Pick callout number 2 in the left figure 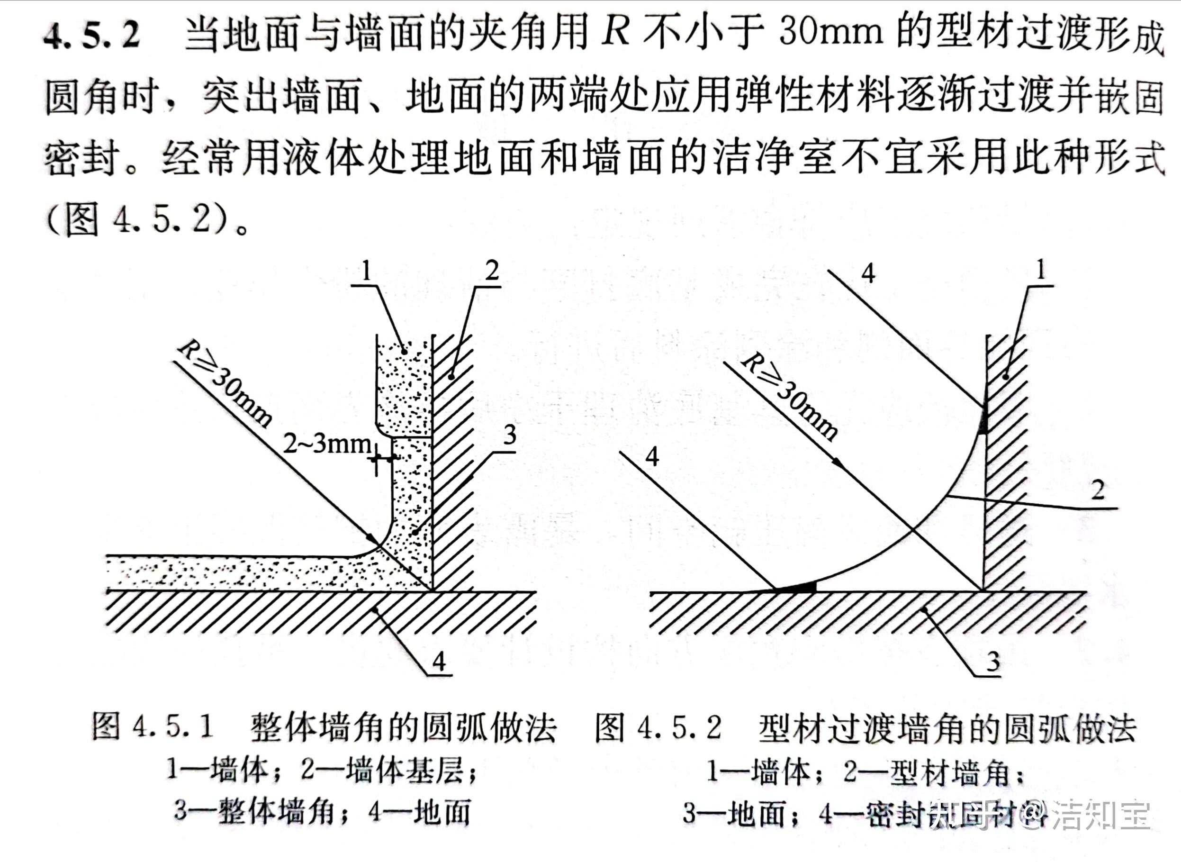(x=491, y=270)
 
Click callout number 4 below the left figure (x=439, y=662)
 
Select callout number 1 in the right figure (x=1040, y=270)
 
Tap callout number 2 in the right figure (x=1098, y=490)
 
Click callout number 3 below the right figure (x=992, y=662)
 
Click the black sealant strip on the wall (x=983, y=417)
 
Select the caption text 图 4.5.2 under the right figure (x=658, y=727)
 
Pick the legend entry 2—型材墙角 (x=934, y=772)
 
